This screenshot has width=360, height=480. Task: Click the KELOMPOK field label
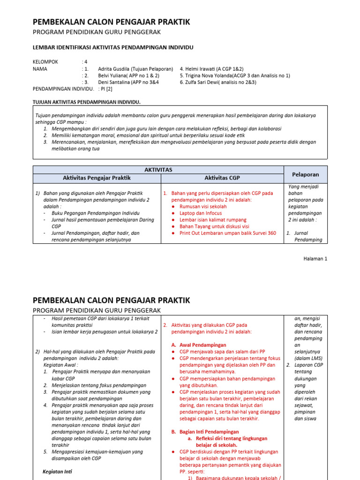[x=45, y=62]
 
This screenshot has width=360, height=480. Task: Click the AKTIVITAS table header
[x=158, y=170]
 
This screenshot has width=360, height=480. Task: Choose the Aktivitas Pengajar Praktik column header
[x=97, y=178]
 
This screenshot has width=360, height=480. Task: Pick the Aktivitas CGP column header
[x=222, y=178]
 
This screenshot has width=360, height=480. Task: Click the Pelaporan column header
[x=305, y=174]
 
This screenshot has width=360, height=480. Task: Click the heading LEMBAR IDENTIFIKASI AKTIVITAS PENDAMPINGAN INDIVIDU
[x=112, y=47]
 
